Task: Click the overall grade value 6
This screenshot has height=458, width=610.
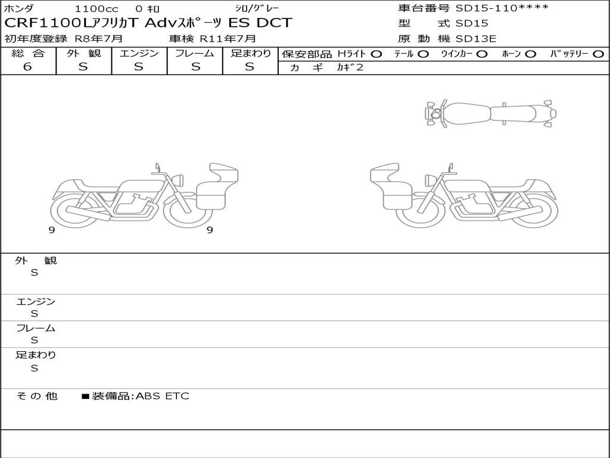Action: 27,67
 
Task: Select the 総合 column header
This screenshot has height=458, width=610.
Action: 28,53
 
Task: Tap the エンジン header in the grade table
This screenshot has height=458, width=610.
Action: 139,53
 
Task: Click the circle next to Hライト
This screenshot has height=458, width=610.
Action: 376,54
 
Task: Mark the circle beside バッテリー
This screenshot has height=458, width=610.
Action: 599,54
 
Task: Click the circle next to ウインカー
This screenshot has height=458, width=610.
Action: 482,54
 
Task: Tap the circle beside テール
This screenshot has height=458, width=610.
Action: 424,54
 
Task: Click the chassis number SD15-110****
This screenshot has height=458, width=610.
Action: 502,8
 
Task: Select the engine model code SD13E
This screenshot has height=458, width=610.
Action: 476,39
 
